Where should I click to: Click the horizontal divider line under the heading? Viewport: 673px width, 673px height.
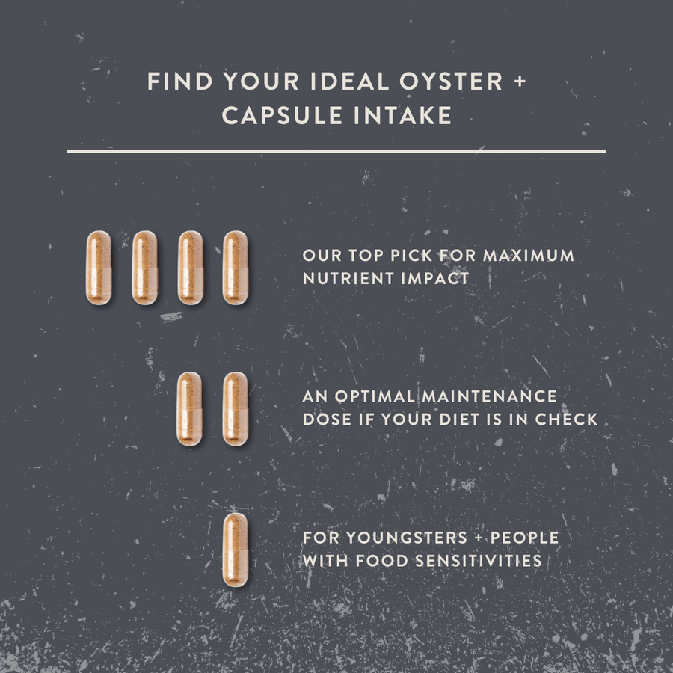point(336,151)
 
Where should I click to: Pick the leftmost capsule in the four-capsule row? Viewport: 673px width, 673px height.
point(99,268)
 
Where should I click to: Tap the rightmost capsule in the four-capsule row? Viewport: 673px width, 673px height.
point(235,268)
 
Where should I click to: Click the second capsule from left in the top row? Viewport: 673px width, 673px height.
point(144,268)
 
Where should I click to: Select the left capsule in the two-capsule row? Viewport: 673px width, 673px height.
point(189,409)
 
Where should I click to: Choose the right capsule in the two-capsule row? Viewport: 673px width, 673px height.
point(235,409)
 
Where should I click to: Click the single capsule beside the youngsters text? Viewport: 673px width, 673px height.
point(235,550)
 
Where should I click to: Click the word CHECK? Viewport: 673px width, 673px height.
point(566,420)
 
